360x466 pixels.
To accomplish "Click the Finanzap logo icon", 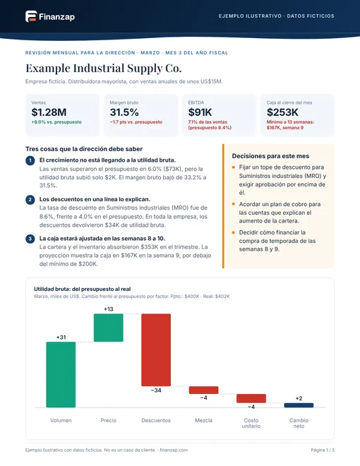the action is [x=31, y=16].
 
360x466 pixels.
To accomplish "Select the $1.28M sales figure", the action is [x=49, y=112].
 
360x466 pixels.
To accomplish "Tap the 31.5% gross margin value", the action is [x=124, y=112].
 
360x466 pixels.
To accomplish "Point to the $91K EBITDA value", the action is [x=200, y=112].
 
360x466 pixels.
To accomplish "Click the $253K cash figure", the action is [x=282, y=112].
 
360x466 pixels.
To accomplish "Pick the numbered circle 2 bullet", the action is [x=30, y=199].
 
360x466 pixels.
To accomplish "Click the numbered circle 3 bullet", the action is [x=30, y=239].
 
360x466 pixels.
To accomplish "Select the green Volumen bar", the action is [x=61, y=374].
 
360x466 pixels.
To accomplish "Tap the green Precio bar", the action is [x=109, y=328].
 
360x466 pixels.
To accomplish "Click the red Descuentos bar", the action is [x=156, y=349].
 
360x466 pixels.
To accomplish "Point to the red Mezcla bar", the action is [x=204, y=390].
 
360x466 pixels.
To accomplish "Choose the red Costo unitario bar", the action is [x=251, y=398].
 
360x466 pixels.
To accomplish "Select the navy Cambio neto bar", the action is [x=299, y=405].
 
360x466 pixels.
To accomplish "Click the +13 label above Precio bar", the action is [x=109, y=309].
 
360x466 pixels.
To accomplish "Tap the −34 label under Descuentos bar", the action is [x=156, y=390].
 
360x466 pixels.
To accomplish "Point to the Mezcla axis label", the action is [x=204, y=420].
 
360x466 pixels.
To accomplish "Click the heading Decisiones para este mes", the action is [x=270, y=156].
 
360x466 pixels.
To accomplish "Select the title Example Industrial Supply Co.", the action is [x=103, y=68].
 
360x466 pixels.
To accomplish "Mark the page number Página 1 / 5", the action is [x=323, y=450].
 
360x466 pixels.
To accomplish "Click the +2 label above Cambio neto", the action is [x=299, y=398].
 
